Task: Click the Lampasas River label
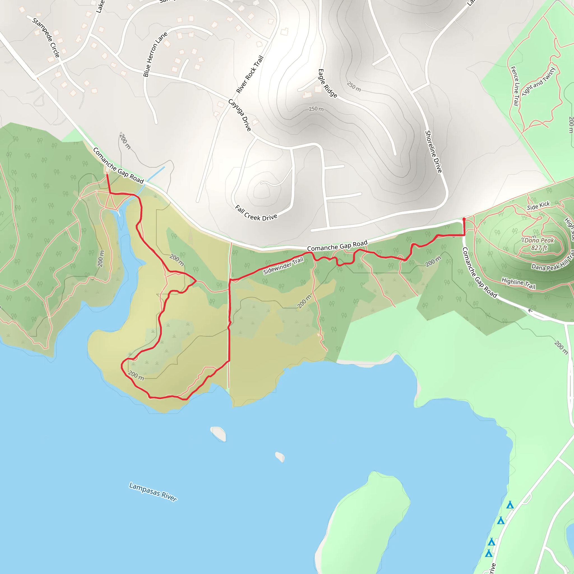click(153, 492)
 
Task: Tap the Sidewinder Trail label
click(283, 265)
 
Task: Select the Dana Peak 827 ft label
click(539, 244)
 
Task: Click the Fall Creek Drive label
click(256, 213)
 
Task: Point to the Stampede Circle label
click(46, 38)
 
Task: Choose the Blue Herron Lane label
click(155, 54)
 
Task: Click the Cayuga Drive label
click(240, 115)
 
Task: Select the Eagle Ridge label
click(328, 83)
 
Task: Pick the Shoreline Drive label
click(434, 152)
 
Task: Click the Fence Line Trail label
click(515, 86)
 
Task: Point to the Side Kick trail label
click(538, 206)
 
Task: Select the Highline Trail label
click(519, 283)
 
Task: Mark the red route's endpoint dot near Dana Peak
click(464, 219)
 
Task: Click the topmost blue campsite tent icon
click(510, 505)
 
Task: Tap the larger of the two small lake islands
click(219, 434)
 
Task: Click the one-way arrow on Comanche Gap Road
click(530, 311)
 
